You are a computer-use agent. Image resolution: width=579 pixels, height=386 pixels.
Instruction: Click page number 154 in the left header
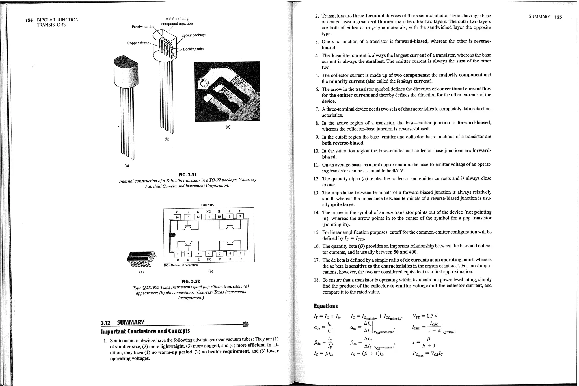point(29,20)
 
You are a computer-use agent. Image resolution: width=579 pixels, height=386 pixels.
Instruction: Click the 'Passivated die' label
point(143,27)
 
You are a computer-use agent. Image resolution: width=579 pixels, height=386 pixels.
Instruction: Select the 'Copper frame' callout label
point(138,43)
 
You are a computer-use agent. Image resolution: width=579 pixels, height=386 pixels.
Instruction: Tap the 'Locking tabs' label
point(193,49)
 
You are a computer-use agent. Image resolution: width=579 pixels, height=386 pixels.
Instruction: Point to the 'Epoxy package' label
point(193,35)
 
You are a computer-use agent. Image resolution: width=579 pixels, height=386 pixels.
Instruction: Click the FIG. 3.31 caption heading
point(187,175)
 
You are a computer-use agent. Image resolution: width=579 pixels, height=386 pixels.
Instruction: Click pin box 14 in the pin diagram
point(177,217)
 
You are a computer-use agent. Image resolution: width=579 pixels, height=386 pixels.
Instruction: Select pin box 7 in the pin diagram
point(240,253)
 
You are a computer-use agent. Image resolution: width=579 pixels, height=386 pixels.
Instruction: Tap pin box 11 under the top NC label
point(208,217)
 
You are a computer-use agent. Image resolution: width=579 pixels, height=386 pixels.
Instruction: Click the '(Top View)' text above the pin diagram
point(208,205)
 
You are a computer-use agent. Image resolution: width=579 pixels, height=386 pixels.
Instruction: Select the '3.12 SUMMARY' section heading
point(123,323)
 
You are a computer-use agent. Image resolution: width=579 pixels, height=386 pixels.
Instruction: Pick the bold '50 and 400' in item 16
point(405,252)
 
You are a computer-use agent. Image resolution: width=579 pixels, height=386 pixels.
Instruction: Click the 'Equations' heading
point(326,306)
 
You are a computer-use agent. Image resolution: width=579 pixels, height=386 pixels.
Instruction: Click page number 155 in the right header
point(558,17)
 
